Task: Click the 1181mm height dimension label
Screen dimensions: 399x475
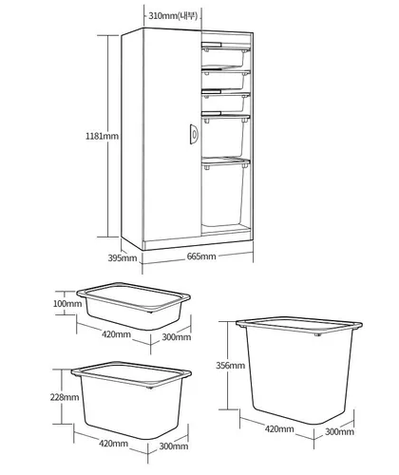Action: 102,136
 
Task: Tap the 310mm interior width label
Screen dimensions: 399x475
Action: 163,15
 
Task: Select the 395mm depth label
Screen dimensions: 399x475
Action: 123,257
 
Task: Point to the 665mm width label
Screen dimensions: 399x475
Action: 201,256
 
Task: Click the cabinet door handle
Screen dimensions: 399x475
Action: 194,134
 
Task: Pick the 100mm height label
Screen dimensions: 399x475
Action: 67,303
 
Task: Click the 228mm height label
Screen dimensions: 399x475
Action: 65,397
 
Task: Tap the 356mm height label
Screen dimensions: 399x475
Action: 230,365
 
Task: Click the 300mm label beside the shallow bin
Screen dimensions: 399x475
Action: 177,336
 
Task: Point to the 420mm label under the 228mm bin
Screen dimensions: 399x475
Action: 114,443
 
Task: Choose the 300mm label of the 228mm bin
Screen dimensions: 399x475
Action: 174,446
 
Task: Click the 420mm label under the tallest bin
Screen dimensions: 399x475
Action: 279,428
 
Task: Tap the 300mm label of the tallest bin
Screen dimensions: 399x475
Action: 339,431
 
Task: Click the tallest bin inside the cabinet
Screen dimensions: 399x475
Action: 224,193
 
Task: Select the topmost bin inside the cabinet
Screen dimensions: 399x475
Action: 225,56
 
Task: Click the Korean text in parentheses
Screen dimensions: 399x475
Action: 188,15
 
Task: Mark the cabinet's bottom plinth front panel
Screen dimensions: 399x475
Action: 198,243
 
